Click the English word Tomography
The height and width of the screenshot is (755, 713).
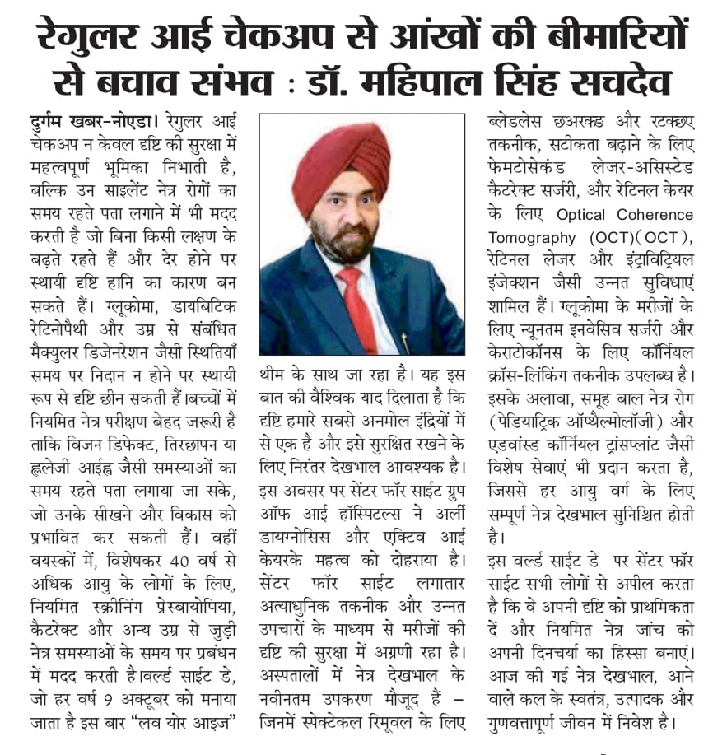528,237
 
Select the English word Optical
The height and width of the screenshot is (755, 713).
586,216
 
